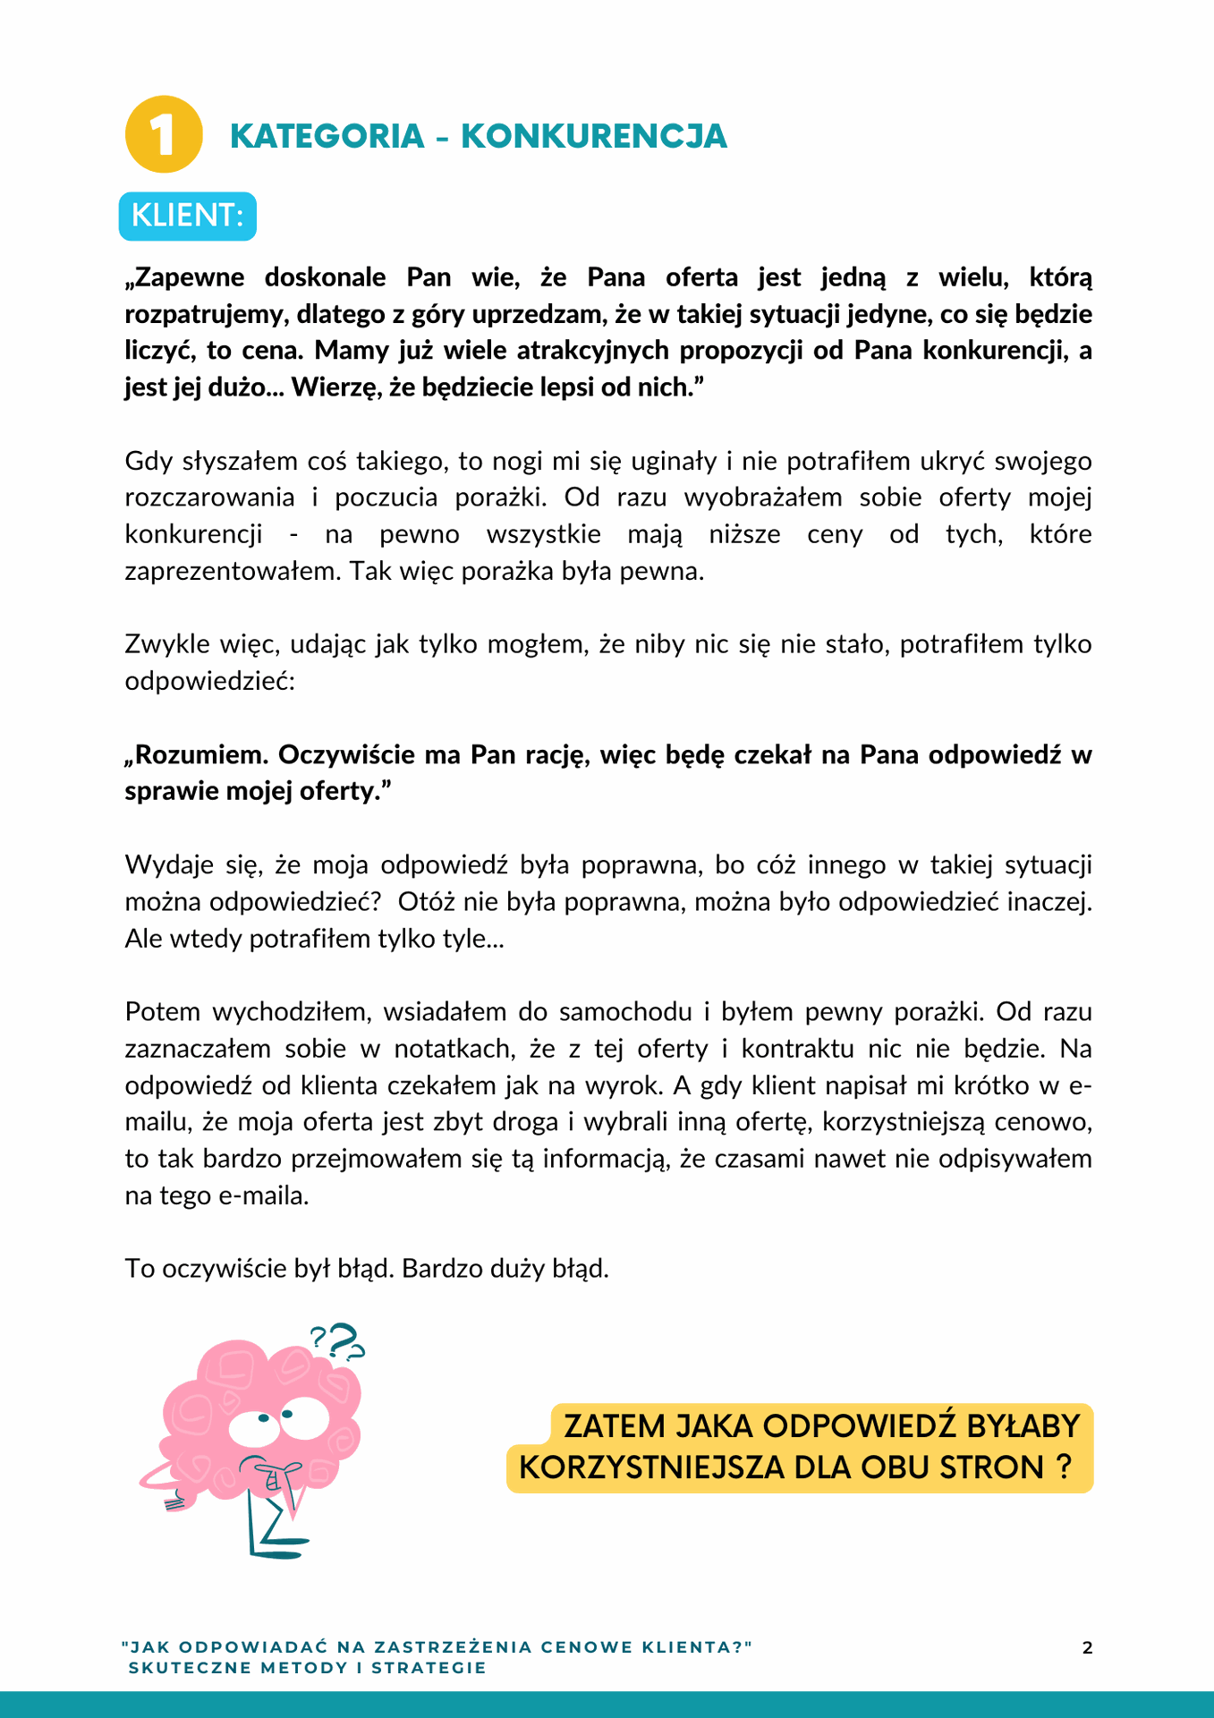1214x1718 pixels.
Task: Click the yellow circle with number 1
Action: [x=164, y=134]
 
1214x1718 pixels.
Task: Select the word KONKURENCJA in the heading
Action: [x=593, y=136]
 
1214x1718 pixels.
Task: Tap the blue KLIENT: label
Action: [x=188, y=216]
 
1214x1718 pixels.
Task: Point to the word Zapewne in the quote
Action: [x=188, y=277]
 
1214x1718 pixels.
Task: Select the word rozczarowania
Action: [x=209, y=498]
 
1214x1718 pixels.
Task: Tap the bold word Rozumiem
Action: [x=200, y=755]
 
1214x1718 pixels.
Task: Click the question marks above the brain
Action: [x=337, y=1340]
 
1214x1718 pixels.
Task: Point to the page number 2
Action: [x=1087, y=1648]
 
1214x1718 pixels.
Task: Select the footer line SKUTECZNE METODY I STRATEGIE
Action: [x=307, y=1668]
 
